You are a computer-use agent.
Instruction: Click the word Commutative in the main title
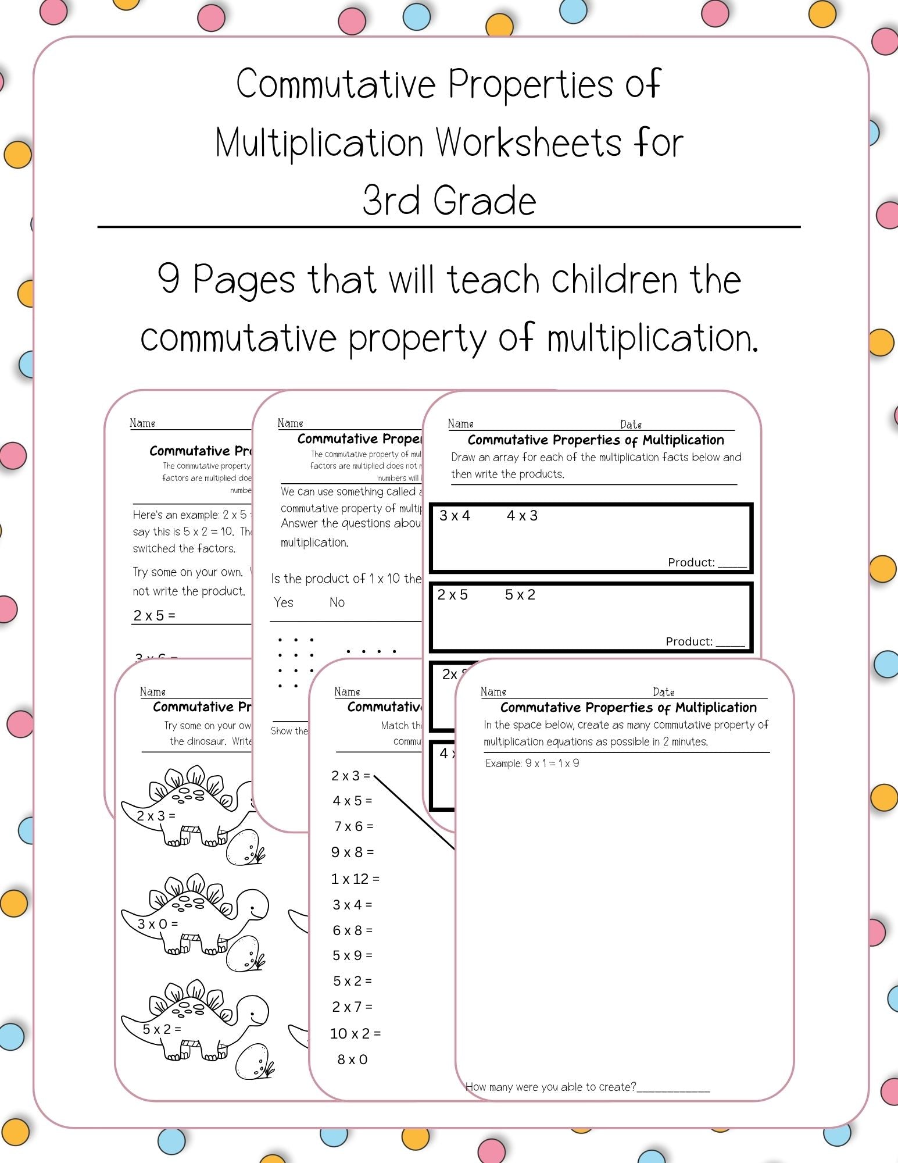[x=335, y=84]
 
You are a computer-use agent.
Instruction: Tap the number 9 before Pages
[x=169, y=280]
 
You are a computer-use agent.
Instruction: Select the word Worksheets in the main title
[x=529, y=143]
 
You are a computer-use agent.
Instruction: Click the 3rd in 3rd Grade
[x=391, y=201]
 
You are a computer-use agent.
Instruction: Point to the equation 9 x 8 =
[x=352, y=852]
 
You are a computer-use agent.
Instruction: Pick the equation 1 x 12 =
[x=355, y=879]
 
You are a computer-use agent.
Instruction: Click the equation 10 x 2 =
[x=355, y=1033]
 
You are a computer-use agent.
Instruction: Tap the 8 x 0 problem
[x=352, y=1059]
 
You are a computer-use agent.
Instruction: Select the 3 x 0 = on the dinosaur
[x=158, y=924]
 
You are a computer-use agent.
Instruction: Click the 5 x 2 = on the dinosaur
[x=162, y=1029]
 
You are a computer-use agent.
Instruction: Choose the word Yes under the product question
[x=284, y=602]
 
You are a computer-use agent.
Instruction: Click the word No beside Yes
[x=337, y=602]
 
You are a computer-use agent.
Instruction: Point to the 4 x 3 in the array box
[x=522, y=516]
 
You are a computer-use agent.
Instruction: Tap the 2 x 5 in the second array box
[x=452, y=595]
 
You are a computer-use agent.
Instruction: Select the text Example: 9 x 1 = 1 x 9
[x=532, y=764]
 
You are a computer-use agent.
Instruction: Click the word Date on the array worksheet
[x=631, y=424]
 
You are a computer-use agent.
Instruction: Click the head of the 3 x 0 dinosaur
[x=253, y=906]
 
